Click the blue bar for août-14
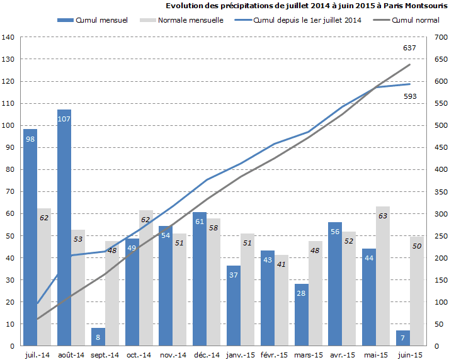(x=64, y=227)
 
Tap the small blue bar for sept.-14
(x=98, y=337)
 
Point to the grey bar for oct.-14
(x=146, y=278)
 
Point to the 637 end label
(x=409, y=48)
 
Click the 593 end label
(x=409, y=96)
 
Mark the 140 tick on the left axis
(x=8, y=37)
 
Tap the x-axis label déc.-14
(x=207, y=355)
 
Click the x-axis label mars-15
(x=309, y=355)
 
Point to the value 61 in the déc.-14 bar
(x=200, y=222)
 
